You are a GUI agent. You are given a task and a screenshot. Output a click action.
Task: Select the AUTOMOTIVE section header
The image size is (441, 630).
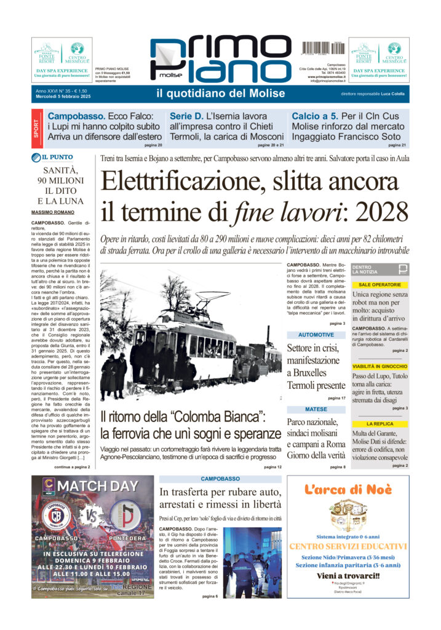click(316, 335)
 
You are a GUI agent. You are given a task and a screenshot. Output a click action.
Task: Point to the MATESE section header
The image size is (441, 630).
click(316, 409)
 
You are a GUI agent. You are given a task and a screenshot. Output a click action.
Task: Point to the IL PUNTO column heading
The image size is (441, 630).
click(57, 157)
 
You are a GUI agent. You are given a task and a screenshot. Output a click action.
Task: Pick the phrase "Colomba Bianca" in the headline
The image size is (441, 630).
click(211, 417)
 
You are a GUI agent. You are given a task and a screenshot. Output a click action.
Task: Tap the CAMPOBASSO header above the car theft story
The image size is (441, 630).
click(220, 478)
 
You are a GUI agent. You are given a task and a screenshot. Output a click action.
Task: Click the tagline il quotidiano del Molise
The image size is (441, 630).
click(221, 94)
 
